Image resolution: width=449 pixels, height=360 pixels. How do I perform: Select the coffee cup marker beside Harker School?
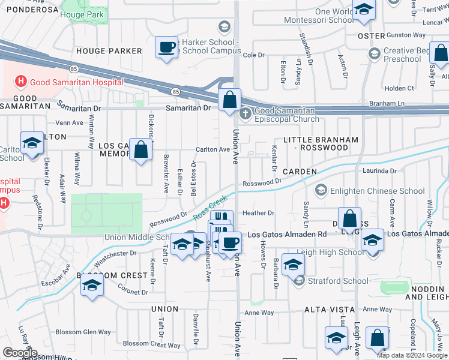pos(166,47)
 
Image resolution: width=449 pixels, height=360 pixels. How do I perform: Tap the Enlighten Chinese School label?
pos(378,191)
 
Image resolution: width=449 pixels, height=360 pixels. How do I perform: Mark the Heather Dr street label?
pos(258,213)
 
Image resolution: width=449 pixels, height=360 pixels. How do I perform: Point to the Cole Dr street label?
pos(253,55)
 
